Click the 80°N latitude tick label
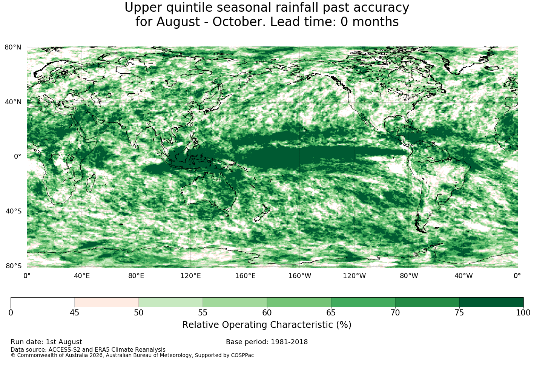[x=13, y=47]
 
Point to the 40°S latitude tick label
[x=14, y=211]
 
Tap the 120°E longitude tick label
[x=190, y=276]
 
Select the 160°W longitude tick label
[x=300, y=276]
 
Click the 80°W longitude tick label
[x=409, y=276]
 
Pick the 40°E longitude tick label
[x=81, y=276]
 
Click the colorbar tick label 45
[x=75, y=313]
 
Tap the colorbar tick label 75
[x=459, y=313]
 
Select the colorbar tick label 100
[x=523, y=313]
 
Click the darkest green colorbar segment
[x=491, y=302]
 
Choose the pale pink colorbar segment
[x=107, y=302]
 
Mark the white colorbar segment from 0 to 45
[x=43, y=302]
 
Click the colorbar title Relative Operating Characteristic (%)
[x=267, y=325]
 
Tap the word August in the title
[x=178, y=22]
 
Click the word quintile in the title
[x=189, y=8]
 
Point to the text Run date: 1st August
[x=46, y=342]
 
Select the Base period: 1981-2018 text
[x=267, y=342]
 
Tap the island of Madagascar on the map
[x=91, y=183]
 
